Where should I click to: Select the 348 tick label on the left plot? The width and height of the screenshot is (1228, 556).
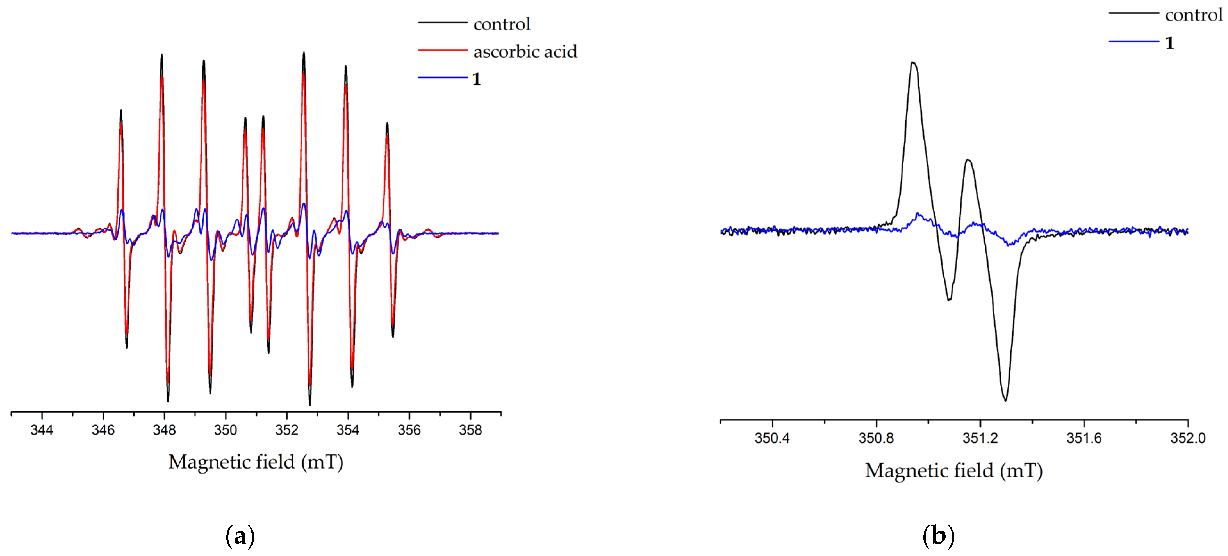point(164,430)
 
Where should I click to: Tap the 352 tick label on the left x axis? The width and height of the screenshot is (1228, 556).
point(286,430)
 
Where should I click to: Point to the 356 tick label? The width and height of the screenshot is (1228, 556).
point(409,430)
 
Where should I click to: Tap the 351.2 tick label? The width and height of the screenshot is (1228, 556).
point(980,438)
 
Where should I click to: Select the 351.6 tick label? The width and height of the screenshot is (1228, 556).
point(1084,438)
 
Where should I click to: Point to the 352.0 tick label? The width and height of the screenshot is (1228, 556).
point(1188,438)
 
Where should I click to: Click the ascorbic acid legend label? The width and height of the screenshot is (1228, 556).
point(525,52)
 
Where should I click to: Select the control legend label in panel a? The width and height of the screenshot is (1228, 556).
point(501,24)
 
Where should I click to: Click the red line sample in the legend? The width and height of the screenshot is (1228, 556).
point(442,50)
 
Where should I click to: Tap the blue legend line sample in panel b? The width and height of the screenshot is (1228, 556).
point(1133,41)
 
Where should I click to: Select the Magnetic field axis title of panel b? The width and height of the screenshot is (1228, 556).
point(954,471)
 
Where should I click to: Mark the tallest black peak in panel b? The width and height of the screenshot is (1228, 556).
point(913,62)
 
